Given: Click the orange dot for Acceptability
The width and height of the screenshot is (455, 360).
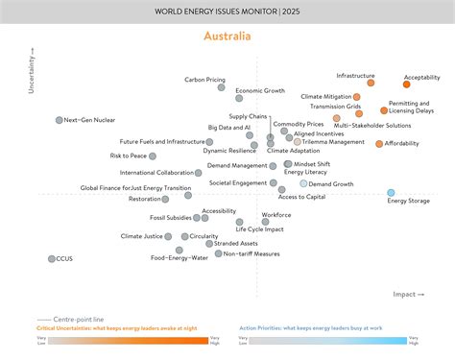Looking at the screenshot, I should tap(406, 84).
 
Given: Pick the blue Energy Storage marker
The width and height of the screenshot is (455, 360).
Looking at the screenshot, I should tap(391, 193).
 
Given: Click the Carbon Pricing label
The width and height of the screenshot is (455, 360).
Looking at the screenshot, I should tap(205, 80).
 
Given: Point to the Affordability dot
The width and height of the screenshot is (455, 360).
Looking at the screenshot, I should tap(379, 144).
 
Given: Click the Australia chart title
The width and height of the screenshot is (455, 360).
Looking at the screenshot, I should tap(227, 36).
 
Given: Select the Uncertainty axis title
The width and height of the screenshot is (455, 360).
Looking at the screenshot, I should tap(33, 70).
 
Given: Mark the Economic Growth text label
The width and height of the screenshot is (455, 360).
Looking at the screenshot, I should tap(260, 90).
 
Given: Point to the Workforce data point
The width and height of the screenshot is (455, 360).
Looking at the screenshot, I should tap(266, 222).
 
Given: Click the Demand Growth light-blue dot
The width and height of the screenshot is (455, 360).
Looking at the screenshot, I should tap(304, 183).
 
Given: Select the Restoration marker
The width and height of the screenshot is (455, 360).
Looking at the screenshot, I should tap(165, 199).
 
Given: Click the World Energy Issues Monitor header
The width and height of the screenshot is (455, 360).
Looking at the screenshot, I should tap(227, 11).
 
